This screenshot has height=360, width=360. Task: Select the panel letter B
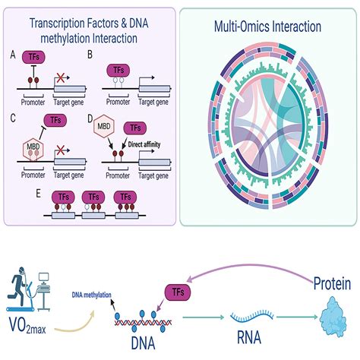(90, 55)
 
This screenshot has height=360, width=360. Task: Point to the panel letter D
(90, 118)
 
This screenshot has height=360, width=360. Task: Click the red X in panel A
(58, 78)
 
